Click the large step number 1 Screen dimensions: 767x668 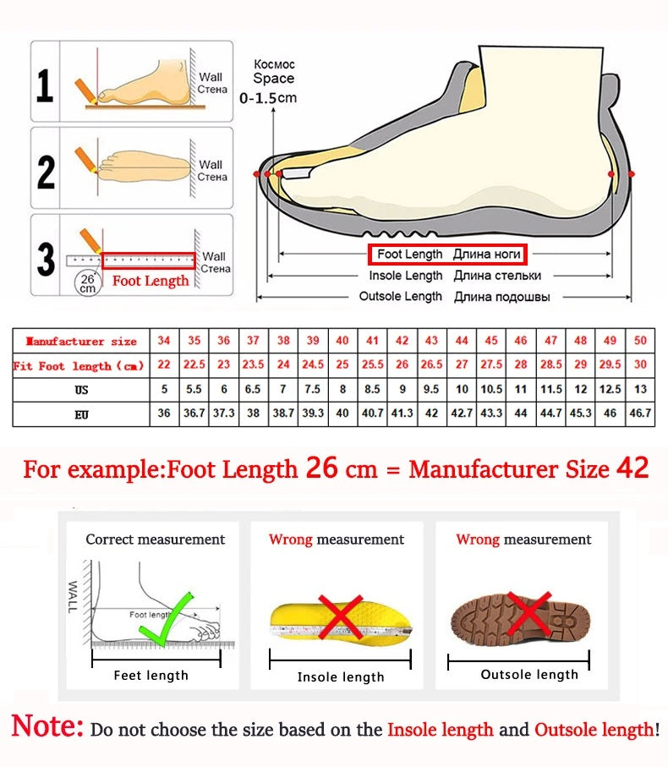(x=46, y=86)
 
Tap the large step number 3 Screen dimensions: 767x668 (x=46, y=260)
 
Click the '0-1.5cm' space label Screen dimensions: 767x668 (x=268, y=98)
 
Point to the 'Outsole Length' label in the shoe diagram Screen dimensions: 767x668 (x=400, y=297)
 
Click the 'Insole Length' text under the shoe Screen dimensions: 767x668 (x=405, y=276)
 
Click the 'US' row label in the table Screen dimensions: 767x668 (x=80, y=391)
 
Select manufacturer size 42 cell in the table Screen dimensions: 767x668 (x=402, y=341)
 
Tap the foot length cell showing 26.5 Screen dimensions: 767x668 (x=432, y=365)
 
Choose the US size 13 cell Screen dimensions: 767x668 (x=640, y=390)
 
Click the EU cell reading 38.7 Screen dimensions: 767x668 (x=283, y=414)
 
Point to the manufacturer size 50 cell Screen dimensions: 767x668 (x=640, y=341)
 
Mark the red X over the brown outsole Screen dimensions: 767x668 (x=528, y=613)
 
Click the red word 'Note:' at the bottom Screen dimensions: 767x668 (x=47, y=726)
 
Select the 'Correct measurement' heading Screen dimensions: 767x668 (x=156, y=540)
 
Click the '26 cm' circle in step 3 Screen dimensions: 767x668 (x=87, y=282)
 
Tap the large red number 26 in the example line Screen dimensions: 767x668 (x=321, y=468)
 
